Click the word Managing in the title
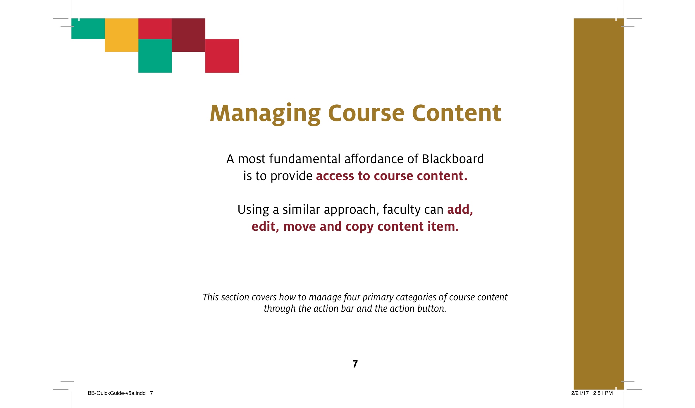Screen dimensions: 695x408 [265, 114]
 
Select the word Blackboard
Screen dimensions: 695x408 [453, 159]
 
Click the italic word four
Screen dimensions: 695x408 [352, 297]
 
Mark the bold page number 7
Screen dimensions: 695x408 [355, 364]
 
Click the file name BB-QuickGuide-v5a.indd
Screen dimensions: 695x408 [117, 393]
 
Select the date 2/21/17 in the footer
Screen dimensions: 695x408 [580, 393]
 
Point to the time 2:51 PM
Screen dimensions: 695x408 [603, 393]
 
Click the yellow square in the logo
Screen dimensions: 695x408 [122, 35]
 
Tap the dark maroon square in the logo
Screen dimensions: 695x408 [189, 35]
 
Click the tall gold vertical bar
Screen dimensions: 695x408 [599, 204]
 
